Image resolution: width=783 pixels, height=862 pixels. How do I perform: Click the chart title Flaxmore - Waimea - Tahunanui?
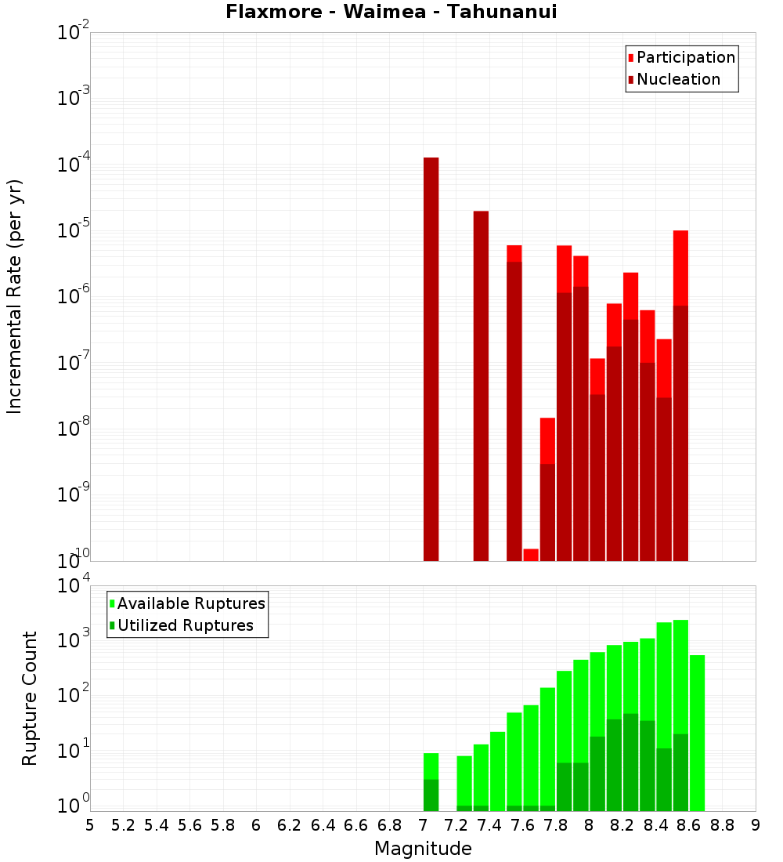click(391, 12)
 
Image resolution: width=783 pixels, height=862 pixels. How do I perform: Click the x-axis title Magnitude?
click(423, 848)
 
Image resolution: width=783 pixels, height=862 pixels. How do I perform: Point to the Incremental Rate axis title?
click(14, 296)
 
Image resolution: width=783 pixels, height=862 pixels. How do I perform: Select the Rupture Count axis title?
click(30, 697)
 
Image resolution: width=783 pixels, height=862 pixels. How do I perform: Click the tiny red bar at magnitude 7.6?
click(531, 555)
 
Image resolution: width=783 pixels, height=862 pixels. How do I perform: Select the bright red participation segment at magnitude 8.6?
click(680, 267)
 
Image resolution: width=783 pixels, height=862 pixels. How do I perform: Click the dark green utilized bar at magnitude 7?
click(431, 795)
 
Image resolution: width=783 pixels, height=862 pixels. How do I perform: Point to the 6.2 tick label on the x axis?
click(290, 824)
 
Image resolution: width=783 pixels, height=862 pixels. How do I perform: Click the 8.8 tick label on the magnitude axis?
click(722, 824)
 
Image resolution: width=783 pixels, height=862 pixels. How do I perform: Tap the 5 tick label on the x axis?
click(90, 824)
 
